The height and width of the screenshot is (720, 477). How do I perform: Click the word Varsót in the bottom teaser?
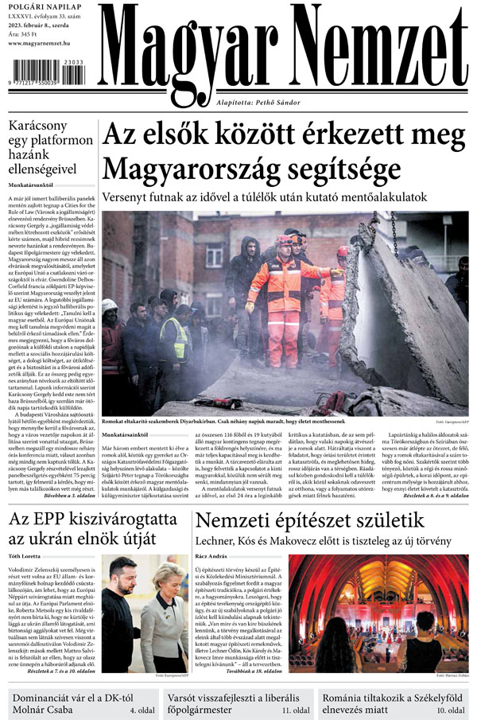(189, 694)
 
